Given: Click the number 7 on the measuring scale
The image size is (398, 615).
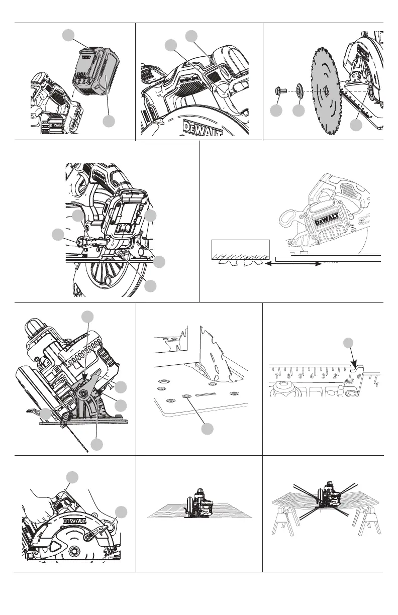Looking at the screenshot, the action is point(277,375).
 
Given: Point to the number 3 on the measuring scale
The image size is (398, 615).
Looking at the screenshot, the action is point(324,375).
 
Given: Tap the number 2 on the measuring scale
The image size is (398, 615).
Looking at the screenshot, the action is point(335,375).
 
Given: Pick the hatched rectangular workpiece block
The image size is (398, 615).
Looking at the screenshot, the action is point(241,247).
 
